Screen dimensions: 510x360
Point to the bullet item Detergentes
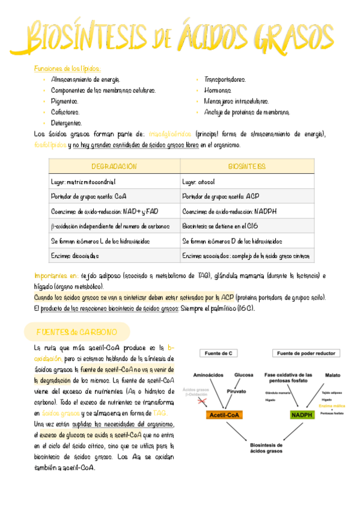pyautogui.click(x=67, y=123)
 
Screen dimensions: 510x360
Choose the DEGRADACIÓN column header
pyautogui.click(x=114, y=166)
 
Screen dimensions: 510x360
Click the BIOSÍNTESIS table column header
pyautogui.click(x=246, y=166)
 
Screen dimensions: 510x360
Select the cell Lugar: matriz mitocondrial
pyautogui.click(x=83, y=181)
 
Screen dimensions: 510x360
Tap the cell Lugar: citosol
pyautogui.click(x=198, y=181)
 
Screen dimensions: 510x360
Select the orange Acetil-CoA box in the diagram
pyautogui.click(x=224, y=415)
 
